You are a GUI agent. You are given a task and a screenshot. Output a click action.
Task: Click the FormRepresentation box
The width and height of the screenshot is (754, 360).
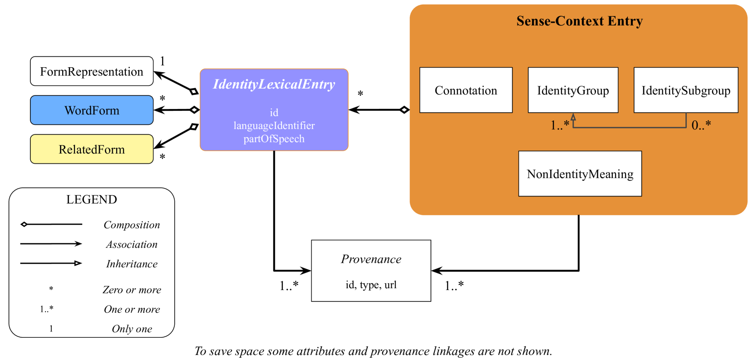pos(92,71)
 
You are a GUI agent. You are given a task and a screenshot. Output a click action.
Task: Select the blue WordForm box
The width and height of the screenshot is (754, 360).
pos(92,110)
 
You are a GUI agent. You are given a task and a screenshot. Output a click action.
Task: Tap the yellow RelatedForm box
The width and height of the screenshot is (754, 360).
pos(92,149)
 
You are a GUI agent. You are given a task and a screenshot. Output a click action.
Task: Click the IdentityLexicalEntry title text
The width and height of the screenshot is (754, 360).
pos(274,84)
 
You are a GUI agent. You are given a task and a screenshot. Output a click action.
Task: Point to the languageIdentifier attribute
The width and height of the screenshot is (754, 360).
pos(274,126)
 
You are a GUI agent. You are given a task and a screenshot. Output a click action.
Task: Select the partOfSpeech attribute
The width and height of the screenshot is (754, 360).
pos(274,139)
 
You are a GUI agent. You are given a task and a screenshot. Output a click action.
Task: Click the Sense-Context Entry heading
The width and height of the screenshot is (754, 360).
pos(579,21)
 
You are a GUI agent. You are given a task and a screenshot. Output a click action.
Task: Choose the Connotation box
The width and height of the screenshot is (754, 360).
pos(466,90)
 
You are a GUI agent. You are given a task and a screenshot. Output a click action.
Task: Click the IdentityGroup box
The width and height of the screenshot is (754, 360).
pos(573,90)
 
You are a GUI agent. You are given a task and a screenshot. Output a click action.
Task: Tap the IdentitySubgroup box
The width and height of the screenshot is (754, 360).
pos(685,90)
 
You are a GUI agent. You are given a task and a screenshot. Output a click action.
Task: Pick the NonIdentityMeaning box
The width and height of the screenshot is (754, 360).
pos(580,174)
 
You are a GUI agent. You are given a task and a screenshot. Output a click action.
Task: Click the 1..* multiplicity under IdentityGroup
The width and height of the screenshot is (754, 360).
pos(560,125)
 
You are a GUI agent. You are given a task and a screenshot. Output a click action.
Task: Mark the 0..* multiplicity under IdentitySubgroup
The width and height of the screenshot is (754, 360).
pos(701,125)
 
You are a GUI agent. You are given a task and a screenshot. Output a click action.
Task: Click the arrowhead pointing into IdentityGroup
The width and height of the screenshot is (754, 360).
pos(573,117)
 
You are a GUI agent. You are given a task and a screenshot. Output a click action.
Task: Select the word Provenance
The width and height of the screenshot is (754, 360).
pos(371,259)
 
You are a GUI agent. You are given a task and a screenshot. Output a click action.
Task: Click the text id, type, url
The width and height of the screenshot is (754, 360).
pos(371,285)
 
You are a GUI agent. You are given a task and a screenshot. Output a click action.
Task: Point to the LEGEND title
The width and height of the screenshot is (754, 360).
pos(92,200)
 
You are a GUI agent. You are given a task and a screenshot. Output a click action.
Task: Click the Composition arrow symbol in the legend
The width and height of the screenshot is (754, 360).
pos(51,224)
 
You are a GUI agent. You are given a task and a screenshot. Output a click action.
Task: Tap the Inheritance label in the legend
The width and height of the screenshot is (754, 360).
pos(132,264)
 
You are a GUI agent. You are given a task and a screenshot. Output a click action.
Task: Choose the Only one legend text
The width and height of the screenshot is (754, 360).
pos(132,329)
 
